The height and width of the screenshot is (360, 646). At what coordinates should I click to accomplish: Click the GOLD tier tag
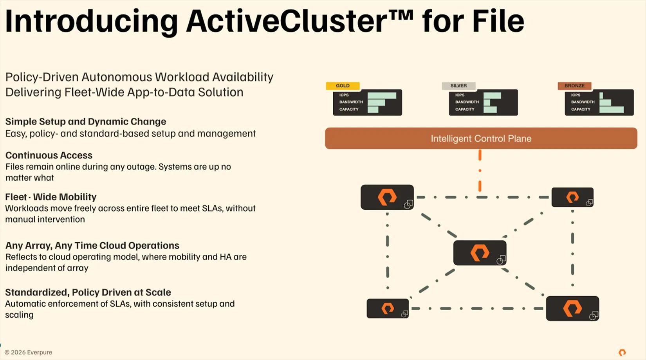point(343,86)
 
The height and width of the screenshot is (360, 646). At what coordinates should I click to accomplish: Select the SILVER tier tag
point(458,86)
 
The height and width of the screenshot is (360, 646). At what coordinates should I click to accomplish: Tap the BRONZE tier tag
point(574,86)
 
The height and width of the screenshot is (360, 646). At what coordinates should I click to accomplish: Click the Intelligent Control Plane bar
point(481,139)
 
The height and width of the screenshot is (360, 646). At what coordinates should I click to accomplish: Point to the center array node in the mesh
point(480,253)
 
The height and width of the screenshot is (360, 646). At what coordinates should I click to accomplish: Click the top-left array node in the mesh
point(387,197)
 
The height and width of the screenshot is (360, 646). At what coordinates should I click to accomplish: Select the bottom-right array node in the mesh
point(572,308)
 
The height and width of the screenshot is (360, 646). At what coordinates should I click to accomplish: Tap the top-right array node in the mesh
point(572,197)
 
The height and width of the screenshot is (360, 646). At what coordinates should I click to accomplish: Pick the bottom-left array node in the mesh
point(388,308)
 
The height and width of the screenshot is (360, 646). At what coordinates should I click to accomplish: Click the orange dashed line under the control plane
point(480,171)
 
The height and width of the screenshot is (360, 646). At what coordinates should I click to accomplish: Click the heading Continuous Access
point(49,155)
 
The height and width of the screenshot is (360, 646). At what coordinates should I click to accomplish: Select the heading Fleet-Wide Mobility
point(51,197)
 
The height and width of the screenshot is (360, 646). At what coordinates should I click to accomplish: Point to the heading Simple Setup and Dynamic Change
point(86,122)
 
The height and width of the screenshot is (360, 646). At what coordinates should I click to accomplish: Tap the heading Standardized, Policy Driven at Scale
point(88,292)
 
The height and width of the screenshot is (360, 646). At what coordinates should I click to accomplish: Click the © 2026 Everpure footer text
point(29,352)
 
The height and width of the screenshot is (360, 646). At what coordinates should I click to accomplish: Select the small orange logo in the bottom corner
point(622,352)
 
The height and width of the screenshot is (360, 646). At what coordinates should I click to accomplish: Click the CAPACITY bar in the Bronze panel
point(611,110)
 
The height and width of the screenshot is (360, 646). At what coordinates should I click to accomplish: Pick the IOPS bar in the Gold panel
point(382,95)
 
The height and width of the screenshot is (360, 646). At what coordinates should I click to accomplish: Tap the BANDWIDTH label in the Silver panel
point(467,102)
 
